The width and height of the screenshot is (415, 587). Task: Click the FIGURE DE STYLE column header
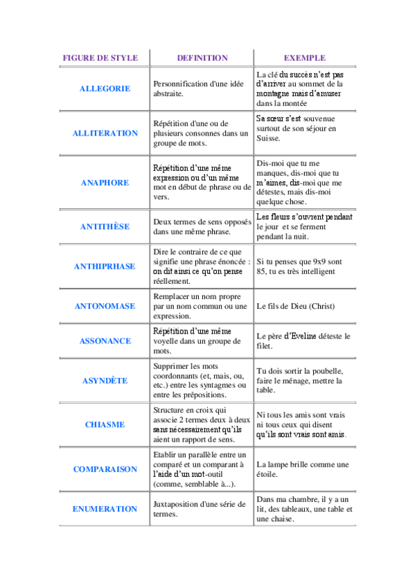point(100,58)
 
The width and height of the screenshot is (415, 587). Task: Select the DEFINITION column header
point(202,58)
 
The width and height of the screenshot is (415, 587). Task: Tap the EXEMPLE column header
point(305,58)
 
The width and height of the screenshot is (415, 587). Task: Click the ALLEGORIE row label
point(105,89)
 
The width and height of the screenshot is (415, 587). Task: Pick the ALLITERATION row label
point(105,133)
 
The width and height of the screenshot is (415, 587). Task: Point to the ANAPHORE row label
point(105,183)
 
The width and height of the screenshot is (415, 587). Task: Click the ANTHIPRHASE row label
point(105,266)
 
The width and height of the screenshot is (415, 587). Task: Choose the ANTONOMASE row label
point(105,306)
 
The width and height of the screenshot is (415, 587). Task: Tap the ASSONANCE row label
point(105,341)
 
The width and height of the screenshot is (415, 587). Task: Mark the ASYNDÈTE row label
point(105,380)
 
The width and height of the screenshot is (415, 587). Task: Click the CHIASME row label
point(105,424)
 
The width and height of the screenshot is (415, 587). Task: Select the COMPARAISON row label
point(105,469)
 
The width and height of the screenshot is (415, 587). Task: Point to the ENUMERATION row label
point(105,509)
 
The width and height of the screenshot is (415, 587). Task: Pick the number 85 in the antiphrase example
point(261,271)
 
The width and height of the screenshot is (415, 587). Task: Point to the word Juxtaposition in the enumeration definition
point(176,504)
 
